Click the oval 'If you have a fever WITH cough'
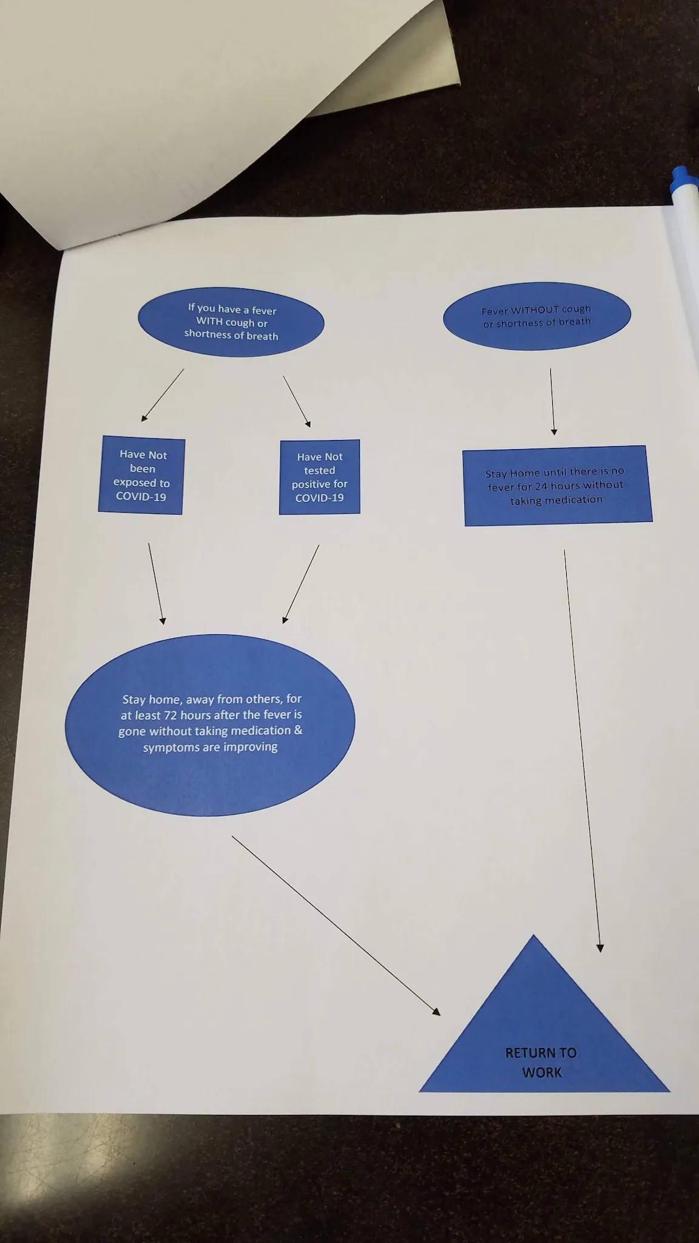231,322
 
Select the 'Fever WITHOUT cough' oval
537,316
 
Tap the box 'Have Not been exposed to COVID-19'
141,475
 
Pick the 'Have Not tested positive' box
320,477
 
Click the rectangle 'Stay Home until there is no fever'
558,486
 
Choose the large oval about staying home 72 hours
210,725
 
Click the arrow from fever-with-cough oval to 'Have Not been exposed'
163,395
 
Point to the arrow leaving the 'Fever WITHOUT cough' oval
552,401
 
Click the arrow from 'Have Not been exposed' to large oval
155,583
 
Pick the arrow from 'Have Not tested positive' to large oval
301,583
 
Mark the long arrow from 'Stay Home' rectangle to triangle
582,750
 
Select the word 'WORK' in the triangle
542,1072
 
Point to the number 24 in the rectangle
541,486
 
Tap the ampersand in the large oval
298,730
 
